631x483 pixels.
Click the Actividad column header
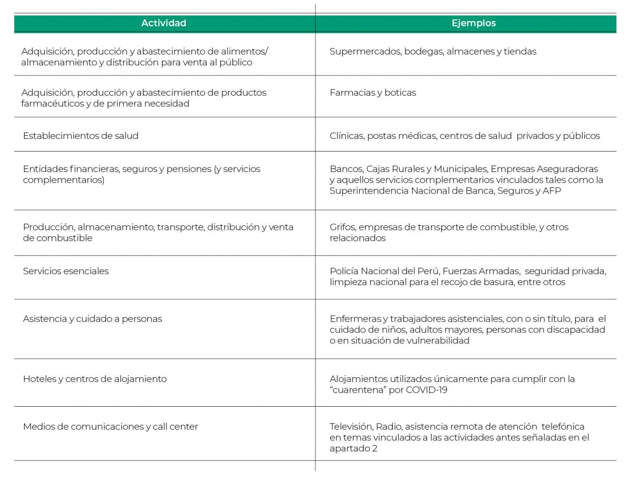pyautogui.click(x=164, y=23)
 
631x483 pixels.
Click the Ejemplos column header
pyautogui.click(x=473, y=23)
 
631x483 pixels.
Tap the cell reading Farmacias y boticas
pyautogui.click(x=372, y=93)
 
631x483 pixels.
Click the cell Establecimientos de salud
pyautogui.click(x=80, y=136)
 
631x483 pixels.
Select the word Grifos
pyautogui.click(x=342, y=227)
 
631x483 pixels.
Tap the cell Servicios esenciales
pyautogui.click(x=66, y=271)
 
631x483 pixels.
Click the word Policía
pyautogui.click(x=344, y=271)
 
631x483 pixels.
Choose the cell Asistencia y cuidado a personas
pyautogui.click(x=92, y=319)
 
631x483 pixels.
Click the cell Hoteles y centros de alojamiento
pyautogui.click(x=95, y=379)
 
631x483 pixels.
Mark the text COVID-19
pyautogui.click(x=426, y=390)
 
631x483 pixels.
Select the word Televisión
pyautogui.click(x=350, y=427)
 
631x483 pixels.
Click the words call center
pyautogui.click(x=175, y=427)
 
